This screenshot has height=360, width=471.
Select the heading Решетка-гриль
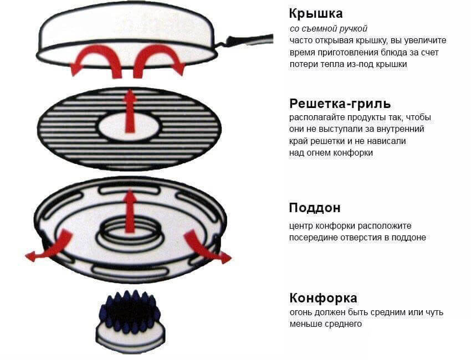(340, 104)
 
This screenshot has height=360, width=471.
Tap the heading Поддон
(314, 208)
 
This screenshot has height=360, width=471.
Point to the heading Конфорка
(323, 298)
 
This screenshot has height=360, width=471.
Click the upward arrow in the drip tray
(130, 210)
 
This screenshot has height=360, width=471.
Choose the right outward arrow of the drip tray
(205, 248)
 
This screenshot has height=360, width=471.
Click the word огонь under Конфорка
(301, 312)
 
